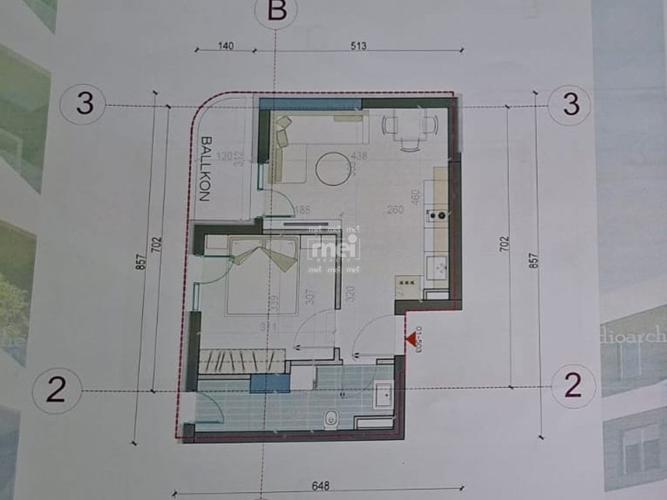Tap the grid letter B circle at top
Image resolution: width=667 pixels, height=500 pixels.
(276, 12)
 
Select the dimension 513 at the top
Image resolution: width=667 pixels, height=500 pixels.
(358, 46)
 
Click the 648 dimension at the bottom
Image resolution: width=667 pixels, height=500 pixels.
(321, 486)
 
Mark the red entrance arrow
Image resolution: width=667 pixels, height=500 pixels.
(410, 339)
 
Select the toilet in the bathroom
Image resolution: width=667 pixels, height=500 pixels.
(332, 419)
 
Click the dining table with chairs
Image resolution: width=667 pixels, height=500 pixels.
(410, 126)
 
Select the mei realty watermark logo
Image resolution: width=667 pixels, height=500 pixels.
(334, 249)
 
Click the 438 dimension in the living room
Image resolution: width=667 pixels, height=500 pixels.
(359, 156)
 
